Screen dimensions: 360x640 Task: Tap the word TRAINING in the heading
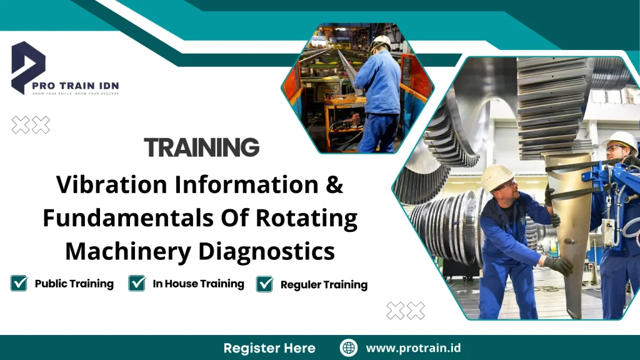[201, 147]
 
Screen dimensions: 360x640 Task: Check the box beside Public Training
[19, 284]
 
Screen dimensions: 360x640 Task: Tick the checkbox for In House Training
[137, 284]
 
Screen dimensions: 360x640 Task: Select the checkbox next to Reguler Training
[265, 284]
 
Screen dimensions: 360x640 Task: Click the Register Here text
[269, 348]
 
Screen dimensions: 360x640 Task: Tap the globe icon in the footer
[348, 348]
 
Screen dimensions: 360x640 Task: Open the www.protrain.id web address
[413, 348]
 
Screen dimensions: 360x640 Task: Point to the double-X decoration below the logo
[31, 125]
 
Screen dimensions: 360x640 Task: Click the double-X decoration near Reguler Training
[405, 311]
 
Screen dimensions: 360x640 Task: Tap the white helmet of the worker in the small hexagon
[380, 42]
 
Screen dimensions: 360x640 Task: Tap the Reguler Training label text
[324, 285]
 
